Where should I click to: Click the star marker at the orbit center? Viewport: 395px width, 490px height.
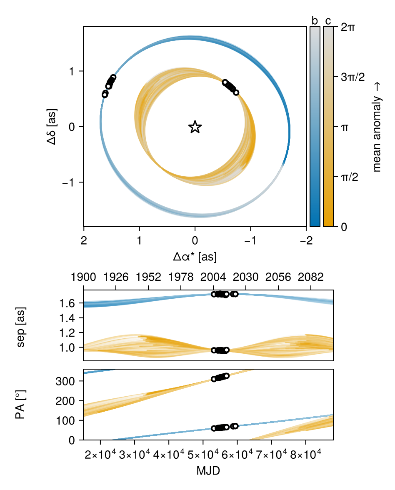tap(195, 127)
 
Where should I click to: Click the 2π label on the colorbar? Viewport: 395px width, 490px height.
tap(348, 27)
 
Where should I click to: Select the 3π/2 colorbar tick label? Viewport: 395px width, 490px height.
tap(353, 77)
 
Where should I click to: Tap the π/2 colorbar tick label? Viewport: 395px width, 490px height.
tap(350, 177)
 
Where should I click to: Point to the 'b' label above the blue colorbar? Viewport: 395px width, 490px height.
tap(315, 21)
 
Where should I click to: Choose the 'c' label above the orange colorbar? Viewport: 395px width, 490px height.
tap(328, 21)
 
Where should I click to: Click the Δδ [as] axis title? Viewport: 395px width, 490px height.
tap(52, 127)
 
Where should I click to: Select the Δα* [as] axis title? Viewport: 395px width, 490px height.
tap(195, 257)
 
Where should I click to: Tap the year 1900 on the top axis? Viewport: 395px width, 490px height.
tap(83, 277)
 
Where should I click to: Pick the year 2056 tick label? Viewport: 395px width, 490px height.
tap(278, 277)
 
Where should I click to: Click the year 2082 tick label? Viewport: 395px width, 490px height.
tap(311, 277)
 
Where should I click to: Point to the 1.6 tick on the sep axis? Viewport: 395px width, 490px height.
tap(67, 303)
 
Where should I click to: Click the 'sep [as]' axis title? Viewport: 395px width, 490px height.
tap(21, 327)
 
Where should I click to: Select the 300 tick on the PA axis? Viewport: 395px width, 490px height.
tap(65, 381)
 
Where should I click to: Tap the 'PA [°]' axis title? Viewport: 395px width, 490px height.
tap(20, 404)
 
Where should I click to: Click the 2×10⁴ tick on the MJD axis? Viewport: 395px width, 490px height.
tap(100, 455)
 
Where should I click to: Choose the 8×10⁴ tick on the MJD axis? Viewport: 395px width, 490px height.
tap(306, 455)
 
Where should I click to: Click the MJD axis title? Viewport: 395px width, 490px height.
tap(208, 471)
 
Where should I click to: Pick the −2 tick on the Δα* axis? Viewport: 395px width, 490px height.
tap(306, 240)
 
